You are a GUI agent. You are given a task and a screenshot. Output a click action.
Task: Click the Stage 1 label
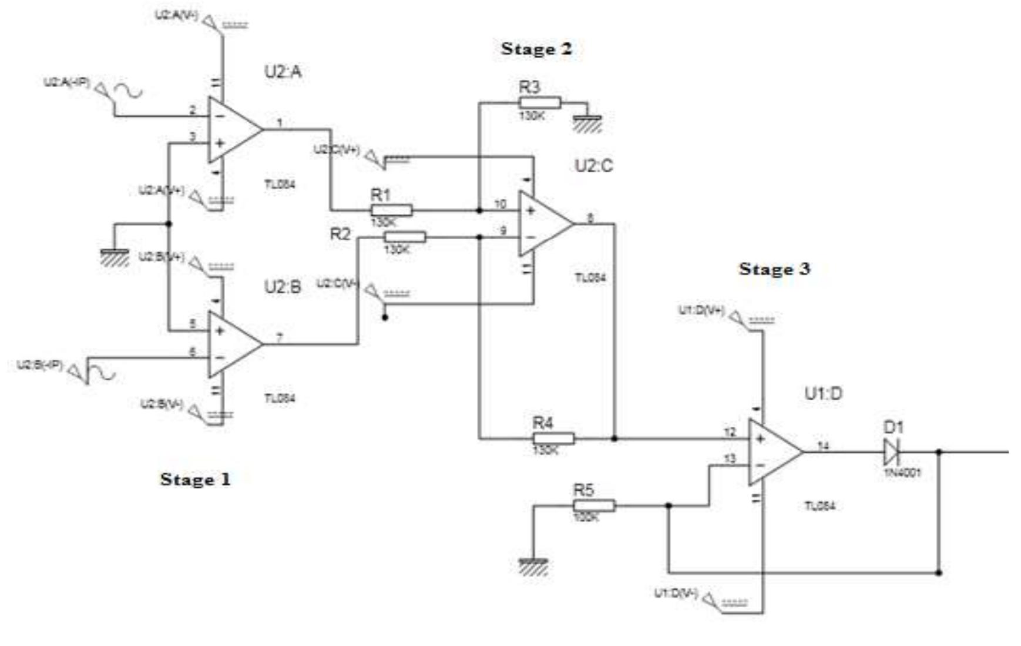pos(195,479)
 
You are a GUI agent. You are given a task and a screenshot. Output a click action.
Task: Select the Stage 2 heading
pos(536,49)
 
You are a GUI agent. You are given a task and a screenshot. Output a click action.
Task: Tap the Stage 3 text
pos(774,269)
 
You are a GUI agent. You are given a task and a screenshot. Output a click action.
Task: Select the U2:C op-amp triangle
pos(543,224)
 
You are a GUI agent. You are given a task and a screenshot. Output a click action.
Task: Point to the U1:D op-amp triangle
pos(773,452)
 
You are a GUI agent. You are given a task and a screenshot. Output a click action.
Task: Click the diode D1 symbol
pos(892,452)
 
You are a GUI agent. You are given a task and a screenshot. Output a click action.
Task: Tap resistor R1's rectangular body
pos(391,210)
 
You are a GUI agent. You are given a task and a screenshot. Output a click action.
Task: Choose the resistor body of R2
pos(405,237)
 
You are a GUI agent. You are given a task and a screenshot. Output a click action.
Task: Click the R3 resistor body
pos(540,103)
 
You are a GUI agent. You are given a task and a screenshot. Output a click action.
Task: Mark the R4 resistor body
pos(553,439)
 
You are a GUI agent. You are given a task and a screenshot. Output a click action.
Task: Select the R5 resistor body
pos(594,506)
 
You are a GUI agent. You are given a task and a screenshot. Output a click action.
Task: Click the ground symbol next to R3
pos(587,123)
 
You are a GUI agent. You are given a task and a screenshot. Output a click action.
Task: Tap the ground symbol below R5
pos(533,565)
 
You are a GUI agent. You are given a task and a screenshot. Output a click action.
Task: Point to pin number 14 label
pos(823,446)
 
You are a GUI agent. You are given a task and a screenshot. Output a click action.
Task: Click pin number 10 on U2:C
pos(500,204)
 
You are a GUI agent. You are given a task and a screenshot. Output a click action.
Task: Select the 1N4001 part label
pos(902,473)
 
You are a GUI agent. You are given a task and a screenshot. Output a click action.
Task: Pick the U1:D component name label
pos(823,393)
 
